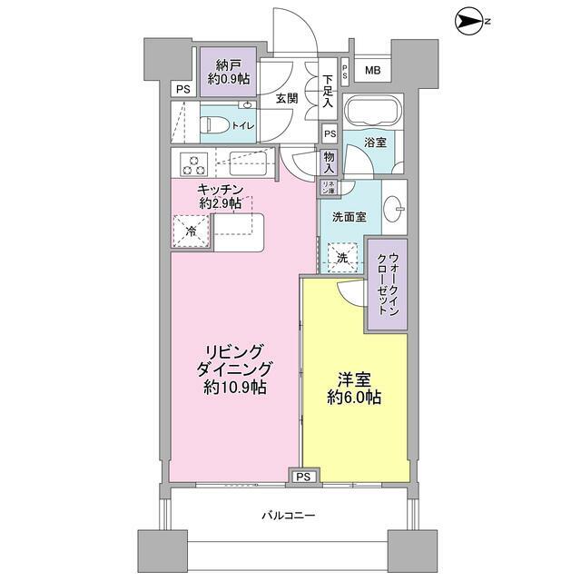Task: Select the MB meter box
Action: click(373, 71)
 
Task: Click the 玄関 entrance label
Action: click(286, 99)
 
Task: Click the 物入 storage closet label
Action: click(329, 162)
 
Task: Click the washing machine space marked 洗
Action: click(342, 258)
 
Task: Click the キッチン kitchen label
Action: click(221, 190)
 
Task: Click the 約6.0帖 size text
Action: click(354, 397)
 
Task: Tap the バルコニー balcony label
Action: click(289, 515)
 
